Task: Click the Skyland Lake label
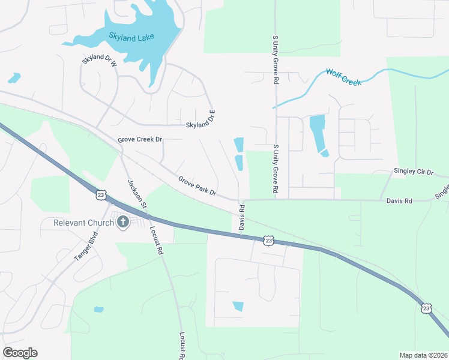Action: point(131,37)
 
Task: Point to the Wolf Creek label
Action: point(343,77)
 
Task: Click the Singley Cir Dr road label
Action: point(413,172)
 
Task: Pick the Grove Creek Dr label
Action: point(140,139)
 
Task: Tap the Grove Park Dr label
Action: point(197,185)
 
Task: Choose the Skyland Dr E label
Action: point(200,119)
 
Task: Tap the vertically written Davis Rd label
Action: point(243,218)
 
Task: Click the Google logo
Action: point(20,353)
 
